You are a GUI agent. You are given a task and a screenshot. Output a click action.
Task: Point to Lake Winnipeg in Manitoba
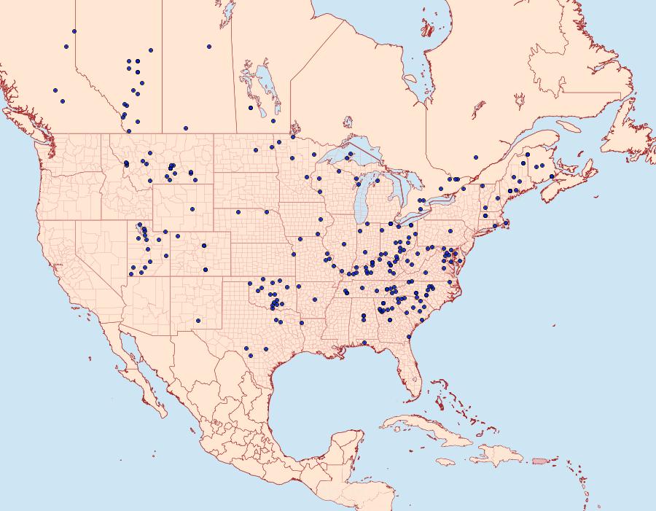(264, 86)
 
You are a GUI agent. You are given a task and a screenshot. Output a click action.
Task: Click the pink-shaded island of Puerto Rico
(539, 460)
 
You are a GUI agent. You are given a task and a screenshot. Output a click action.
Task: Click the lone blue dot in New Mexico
(198, 320)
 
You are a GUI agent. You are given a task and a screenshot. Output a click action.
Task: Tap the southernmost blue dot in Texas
(249, 355)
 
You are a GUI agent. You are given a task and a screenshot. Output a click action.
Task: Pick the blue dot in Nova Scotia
(552, 176)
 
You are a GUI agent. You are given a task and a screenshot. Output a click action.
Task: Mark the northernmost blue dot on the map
(74, 31)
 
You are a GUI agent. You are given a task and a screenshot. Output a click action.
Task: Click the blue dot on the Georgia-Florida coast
(409, 338)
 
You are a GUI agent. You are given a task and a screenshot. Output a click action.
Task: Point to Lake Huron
(394, 186)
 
